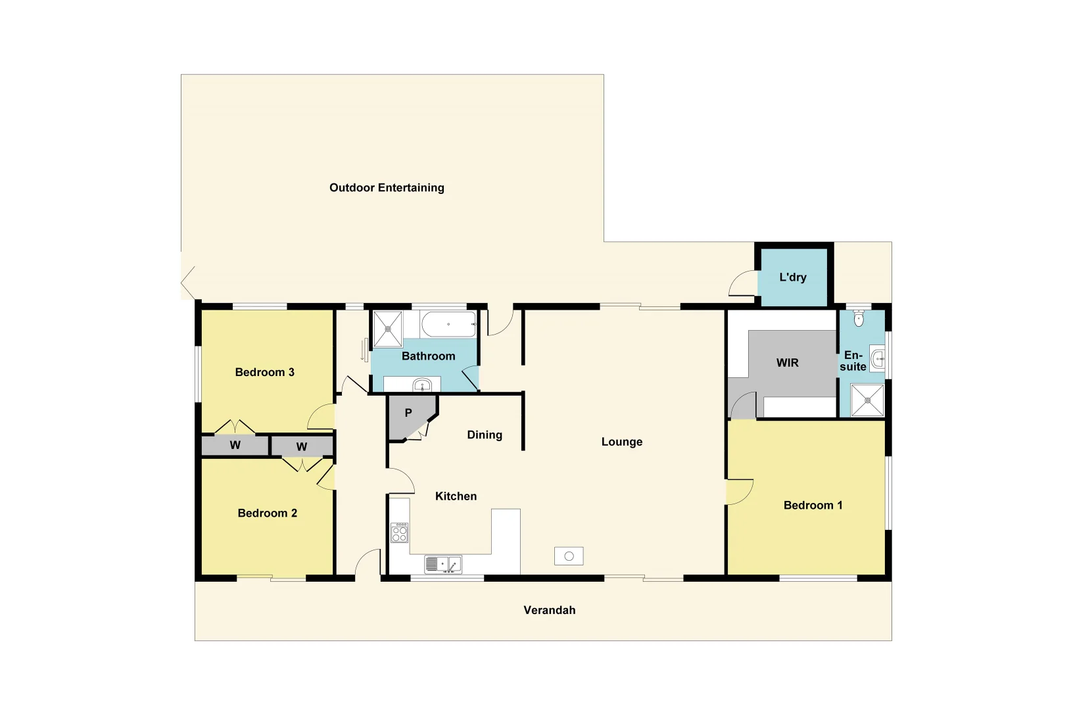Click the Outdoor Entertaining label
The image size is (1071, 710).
[x=387, y=188]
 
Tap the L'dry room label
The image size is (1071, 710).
[x=792, y=277]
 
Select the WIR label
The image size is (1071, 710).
[x=787, y=363]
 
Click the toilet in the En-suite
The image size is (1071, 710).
[x=858, y=319]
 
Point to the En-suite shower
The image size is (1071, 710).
[x=867, y=400]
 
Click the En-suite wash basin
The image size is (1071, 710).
[x=878, y=359]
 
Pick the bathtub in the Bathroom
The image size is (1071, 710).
[x=448, y=324]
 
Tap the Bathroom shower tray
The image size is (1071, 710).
[x=387, y=329]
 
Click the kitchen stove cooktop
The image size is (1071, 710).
[x=399, y=532]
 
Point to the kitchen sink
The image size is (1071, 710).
[x=442, y=564]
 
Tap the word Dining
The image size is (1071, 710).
[x=485, y=435]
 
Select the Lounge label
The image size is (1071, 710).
[x=621, y=442]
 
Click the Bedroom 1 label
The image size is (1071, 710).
[x=813, y=506]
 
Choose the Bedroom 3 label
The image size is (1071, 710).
[x=264, y=372]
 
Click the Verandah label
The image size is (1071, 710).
[x=549, y=610]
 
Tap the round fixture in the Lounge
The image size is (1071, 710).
[x=569, y=556]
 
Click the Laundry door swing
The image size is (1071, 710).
[x=743, y=284]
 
